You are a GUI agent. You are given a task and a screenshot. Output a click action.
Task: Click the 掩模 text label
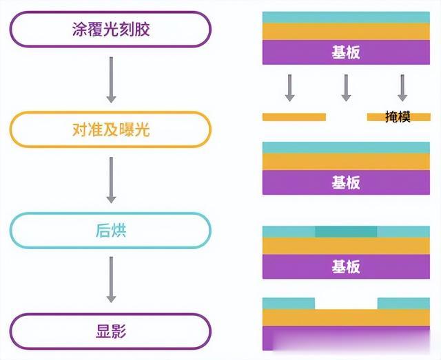click(x=398, y=118)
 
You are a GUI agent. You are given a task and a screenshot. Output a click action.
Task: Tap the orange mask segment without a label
click(x=294, y=117)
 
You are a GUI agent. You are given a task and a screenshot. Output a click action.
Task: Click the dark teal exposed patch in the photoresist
click(x=346, y=232)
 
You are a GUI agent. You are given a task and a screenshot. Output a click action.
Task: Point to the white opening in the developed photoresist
click(x=346, y=304)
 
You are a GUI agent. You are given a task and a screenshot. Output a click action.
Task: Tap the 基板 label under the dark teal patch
click(x=346, y=266)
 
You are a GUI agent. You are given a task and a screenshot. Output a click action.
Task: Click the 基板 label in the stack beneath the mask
click(x=346, y=182)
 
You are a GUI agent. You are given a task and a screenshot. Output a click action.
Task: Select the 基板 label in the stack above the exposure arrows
click(x=346, y=52)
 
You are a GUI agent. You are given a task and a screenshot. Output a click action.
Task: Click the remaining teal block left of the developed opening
click(x=289, y=304)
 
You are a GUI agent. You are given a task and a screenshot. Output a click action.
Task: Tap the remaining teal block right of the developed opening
click(x=404, y=304)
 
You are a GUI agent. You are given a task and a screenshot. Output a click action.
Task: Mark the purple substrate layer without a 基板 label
click(x=346, y=338)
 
